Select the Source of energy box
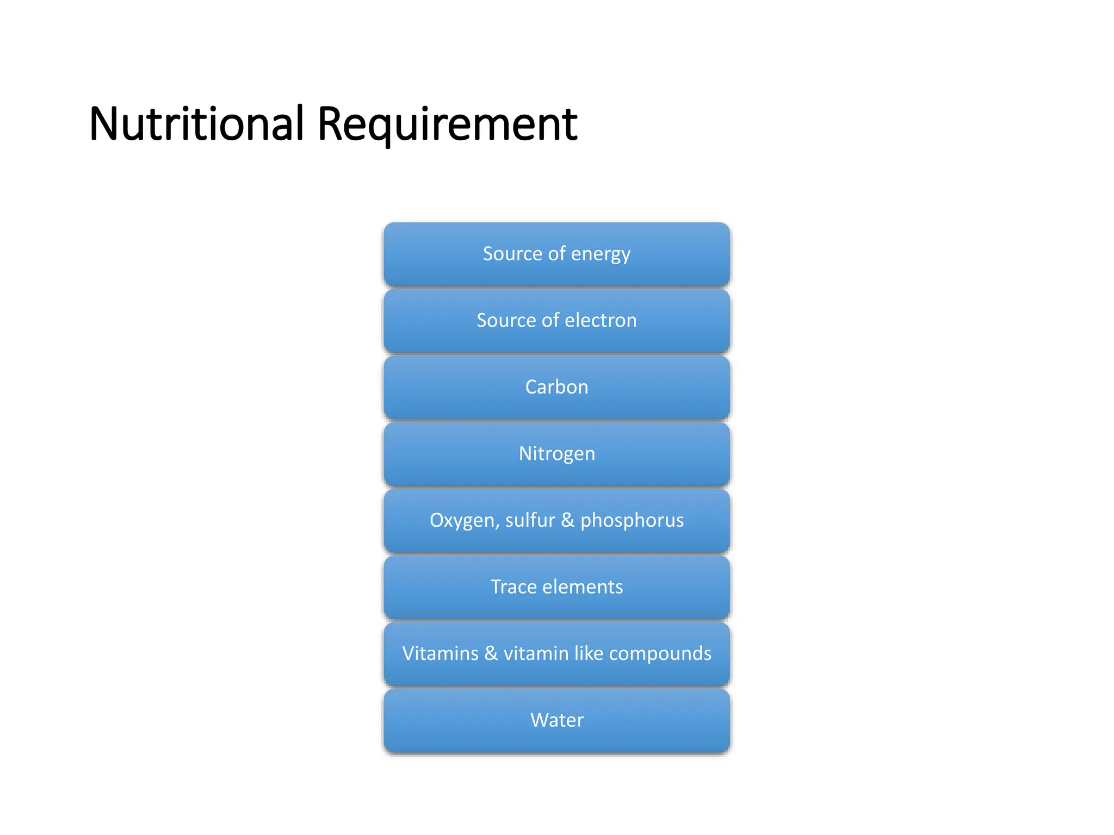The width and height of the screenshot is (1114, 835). pos(556,254)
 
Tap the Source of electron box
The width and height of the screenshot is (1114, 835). pos(556,321)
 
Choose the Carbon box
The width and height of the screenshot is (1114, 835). pos(556,387)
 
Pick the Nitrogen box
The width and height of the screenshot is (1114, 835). pos(556,454)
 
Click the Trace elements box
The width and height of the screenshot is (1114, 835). pos(556,587)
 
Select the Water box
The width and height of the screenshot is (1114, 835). pos(556,720)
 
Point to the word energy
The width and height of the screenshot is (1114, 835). pos(601,254)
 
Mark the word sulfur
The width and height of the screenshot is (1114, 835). pos(530,520)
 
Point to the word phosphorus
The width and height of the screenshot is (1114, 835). pos(632,521)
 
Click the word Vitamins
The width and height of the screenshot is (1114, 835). pos(440,653)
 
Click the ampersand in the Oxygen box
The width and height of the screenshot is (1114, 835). pos(567,520)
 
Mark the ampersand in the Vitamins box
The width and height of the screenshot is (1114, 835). pos(491,653)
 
